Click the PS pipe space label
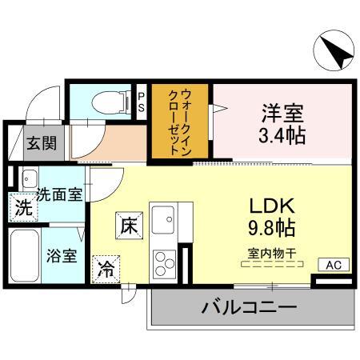coord(142,102)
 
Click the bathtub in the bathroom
coord(27,255)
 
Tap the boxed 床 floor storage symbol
coord(129,225)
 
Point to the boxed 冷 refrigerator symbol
coord(105,270)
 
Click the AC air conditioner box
coord(333,265)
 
